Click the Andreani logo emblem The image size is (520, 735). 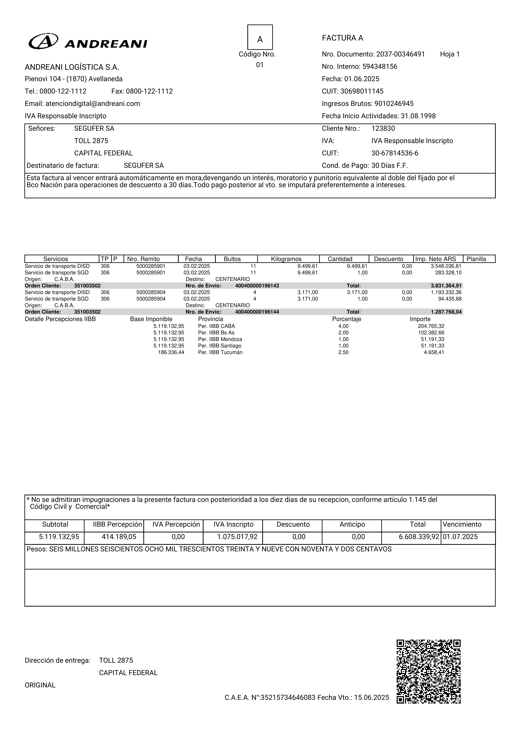click(43, 41)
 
